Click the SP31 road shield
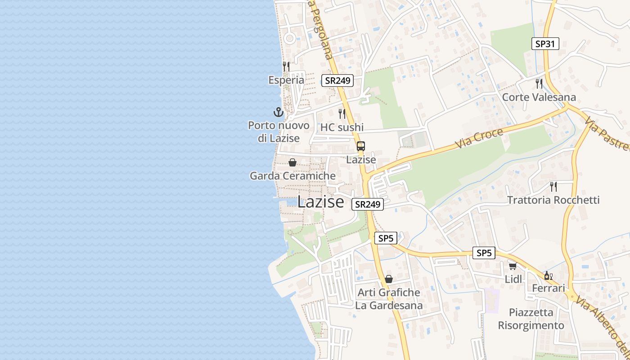(x=545, y=44)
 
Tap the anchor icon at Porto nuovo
(x=279, y=112)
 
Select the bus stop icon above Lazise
(x=361, y=146)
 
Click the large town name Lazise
(x=320, y=202)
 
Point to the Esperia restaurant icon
(x=286, y=66)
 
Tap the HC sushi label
(x=342, y=127)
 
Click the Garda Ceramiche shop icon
(x=292, y=162)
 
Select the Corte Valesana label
(x=539, y=97)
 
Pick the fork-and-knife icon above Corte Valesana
(x=539, y=83)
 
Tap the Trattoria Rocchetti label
(x=553, y=200)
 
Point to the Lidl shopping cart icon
(x=513, y=266)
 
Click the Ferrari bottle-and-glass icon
(x=548, y=275)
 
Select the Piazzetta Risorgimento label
(x=531, y=319)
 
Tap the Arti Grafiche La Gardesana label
(x=389, y=299)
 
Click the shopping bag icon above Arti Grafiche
(x=389, y=279)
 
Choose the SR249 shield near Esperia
(x=337, y=81)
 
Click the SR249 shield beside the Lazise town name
(x=367, y=204)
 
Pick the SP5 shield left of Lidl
(x=484, y=253)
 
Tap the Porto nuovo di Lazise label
(x=279, y=132)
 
